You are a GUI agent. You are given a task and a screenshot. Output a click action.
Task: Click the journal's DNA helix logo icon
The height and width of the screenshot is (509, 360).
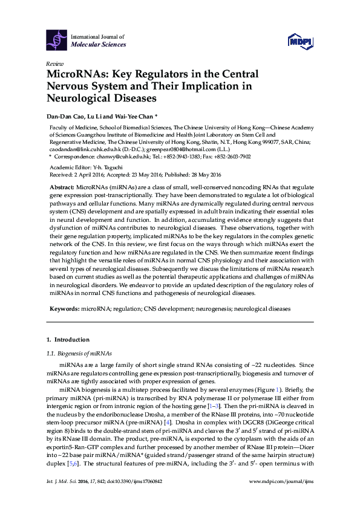click(57, 41)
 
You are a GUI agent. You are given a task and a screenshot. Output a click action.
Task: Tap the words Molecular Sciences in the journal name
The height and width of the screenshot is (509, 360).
click(99, 45)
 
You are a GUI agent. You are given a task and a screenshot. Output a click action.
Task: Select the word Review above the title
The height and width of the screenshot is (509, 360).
click(54, 64)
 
